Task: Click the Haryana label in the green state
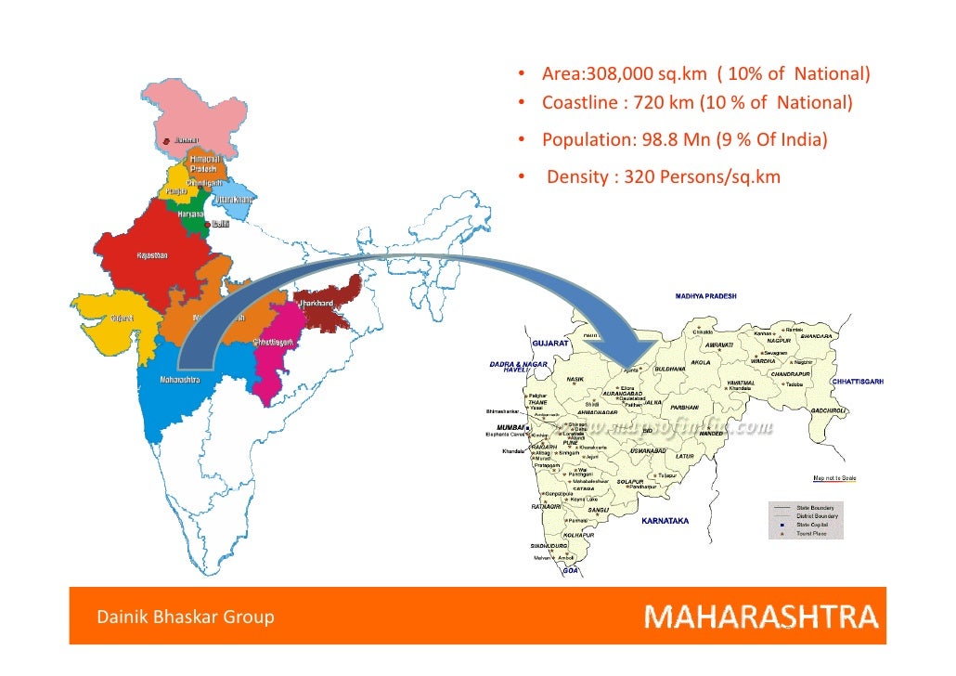pos(179,214)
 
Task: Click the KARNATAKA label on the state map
pos(665,521)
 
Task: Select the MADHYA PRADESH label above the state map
pos(705,296)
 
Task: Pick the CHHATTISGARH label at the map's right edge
pos(858,382)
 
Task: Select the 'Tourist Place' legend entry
pos(814,535)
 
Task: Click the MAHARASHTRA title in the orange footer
pos(760,617)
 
